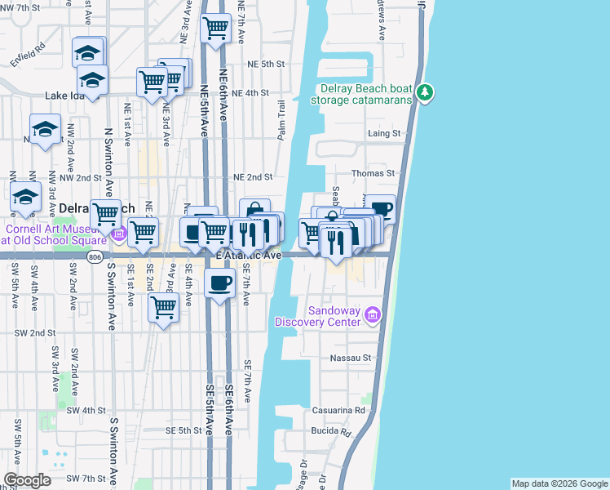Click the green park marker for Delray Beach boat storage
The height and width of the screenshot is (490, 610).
pyautogui.click(x=424, y=92)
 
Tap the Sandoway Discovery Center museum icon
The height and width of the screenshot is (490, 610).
pyautogui.click(x=374, y=314)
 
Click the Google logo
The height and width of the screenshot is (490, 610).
pyautogui.click(x=27, y=479)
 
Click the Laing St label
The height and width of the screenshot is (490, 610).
pyautogui.click(x=384, y=133)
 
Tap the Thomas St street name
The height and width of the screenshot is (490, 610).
pyautogui.click(x=373, y=173)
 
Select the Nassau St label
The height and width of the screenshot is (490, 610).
pyautogui.click(x=351, y=358)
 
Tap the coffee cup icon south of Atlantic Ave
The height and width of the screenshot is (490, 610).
pyautogui.click(x=220, y=283)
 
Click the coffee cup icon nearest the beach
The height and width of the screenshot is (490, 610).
pyautogui.click(x=380, y=208)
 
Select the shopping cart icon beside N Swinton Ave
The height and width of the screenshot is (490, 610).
pyautogui.click(x=105, y=213)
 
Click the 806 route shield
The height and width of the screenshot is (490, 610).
pyautogui.click(x=95, y=257)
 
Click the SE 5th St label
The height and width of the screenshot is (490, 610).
pyautogui.click(x=183, y=430)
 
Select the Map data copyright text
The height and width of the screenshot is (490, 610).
pyautogui.click(x=558, y=483)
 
